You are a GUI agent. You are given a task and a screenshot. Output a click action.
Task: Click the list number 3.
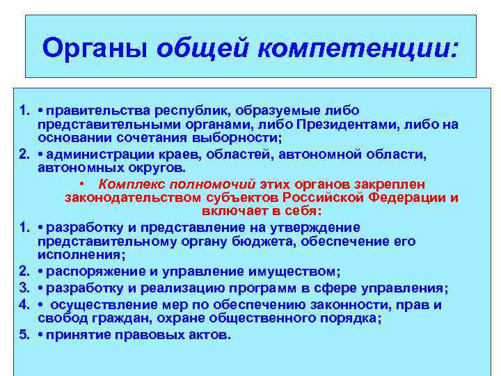pyautogui.click(x=24, y=288)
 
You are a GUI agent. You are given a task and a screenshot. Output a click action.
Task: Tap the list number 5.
pyautogui.click(x=24, y=334)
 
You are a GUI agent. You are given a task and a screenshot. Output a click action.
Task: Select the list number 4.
pyautogui.click(x=24, y=305)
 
